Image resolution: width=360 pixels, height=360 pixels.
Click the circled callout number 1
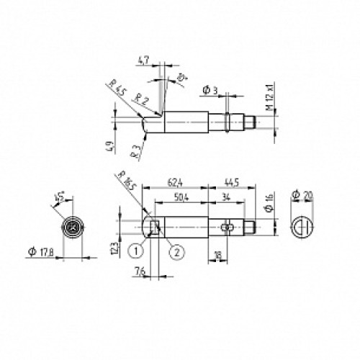pyautogui.click(x=134, y=251)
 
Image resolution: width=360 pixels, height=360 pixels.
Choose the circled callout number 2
pyautogui.click(x=176, y=251)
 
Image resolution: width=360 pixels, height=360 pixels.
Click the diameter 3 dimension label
pyautogui.click(x=210, y=91)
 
